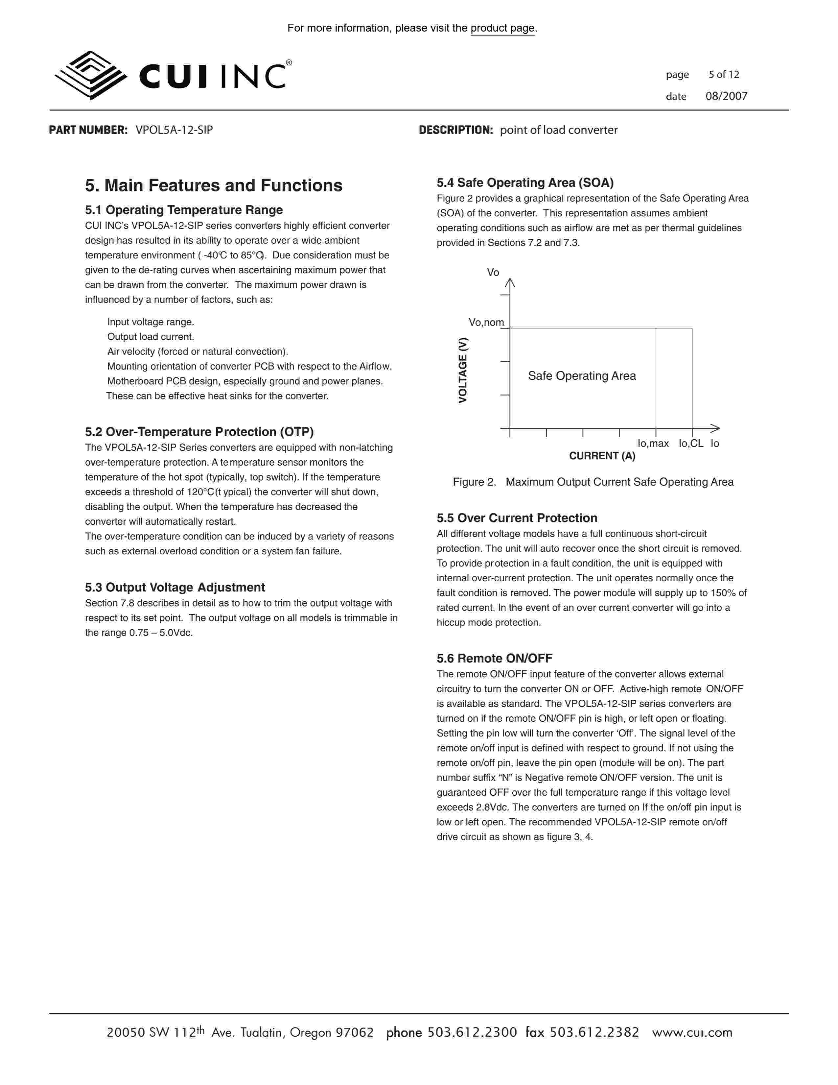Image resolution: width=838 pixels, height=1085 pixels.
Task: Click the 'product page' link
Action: click(502, 28)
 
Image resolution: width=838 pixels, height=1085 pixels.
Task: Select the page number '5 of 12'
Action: click(723, 75)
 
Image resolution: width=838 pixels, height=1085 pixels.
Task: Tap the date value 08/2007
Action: click(726, 96)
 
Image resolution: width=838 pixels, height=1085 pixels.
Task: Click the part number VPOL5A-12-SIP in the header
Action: click(174, 130)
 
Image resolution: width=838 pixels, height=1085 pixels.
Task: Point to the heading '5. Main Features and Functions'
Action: click(214, 186)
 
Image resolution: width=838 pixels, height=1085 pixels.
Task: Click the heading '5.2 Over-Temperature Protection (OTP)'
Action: click(199, 432)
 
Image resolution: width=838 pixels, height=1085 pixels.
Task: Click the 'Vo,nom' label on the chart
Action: click(486, 323)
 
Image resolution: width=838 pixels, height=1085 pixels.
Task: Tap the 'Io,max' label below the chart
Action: click(653, 444)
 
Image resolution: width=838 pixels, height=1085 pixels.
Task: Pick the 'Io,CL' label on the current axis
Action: click(690, 444)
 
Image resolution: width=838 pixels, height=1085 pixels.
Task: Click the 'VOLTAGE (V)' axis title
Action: click(463, 370)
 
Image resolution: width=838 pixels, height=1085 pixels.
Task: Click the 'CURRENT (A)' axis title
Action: click(602, 456)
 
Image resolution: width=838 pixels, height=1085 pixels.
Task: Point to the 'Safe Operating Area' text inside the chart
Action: click(582, 376)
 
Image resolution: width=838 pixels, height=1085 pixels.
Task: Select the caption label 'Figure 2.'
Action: click(474, 482)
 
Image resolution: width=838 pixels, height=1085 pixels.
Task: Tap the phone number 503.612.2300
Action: click(472, 1033)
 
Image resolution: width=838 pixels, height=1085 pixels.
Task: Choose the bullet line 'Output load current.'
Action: click(151, 337)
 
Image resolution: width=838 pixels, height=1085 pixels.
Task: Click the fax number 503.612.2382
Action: click(594, 1033)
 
